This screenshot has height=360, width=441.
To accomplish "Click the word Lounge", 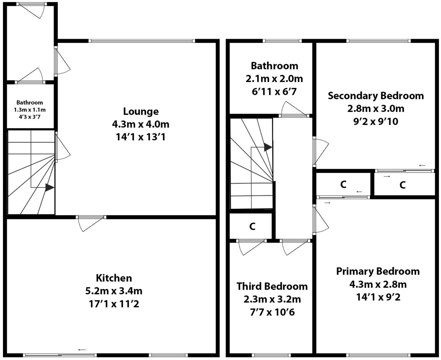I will click(x=141, y=111).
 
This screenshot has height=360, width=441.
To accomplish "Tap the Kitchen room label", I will click(x=114, y=278).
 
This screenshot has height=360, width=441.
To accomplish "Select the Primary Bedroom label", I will click(x=378, y=271).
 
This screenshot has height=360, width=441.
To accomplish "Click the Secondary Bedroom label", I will click(x=376, y=96).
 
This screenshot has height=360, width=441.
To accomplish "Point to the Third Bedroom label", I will click(x=272, y=286).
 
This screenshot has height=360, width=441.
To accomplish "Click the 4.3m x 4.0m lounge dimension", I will click(x=141, y=124).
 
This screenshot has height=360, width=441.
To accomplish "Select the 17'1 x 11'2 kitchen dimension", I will click(x=114, y=304).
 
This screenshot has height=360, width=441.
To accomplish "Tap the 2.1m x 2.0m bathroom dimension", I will click(x=274, y=79).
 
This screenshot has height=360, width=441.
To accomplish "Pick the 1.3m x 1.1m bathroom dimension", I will click(x=30, y=110).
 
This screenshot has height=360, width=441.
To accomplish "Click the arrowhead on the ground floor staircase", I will click(x=49, y=187).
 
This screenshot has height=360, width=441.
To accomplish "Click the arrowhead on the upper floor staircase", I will click(x=268, y=147).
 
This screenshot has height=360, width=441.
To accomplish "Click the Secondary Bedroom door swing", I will click(x=321, y=152).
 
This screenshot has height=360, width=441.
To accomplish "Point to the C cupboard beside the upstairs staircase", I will click(x=252, y=226).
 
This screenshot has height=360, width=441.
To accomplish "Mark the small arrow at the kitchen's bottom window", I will click(x=82, y=350).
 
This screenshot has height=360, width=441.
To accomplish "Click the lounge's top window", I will click(x=142, y=41).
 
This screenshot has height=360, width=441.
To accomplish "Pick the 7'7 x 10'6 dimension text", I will click(x=272, y=312).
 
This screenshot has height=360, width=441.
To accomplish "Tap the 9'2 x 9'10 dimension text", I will click(x=376, y=121).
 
